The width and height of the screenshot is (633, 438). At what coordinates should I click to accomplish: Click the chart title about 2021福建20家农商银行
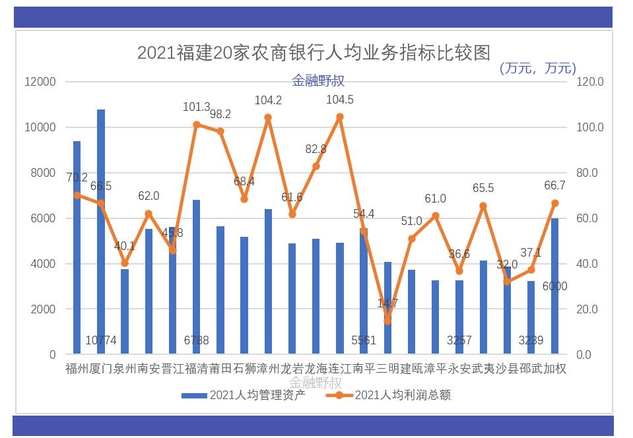pos(314,52)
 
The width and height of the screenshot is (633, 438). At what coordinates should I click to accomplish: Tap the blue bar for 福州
pos(77,247)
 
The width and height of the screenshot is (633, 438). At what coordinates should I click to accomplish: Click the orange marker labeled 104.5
pos(340,117)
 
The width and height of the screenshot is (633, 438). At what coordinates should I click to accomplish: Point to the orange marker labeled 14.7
pos(387,321)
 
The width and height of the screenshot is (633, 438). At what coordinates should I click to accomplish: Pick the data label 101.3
pos(196,107)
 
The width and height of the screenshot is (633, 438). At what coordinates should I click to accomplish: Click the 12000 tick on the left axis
pos(40,82)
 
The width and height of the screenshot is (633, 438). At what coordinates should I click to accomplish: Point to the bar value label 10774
pos(101,341)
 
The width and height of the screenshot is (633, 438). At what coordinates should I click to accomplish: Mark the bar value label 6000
pos(555,286)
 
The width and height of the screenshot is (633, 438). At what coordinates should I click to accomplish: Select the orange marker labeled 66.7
pos(555,203)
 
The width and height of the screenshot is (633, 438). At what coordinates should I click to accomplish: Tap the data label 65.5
pos(483,188)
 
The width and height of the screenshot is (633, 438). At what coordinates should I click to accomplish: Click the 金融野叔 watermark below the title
pos(318,81)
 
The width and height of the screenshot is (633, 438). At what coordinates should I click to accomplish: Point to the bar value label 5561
pos(364,341)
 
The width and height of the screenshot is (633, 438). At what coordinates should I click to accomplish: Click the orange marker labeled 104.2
pos(268,117)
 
